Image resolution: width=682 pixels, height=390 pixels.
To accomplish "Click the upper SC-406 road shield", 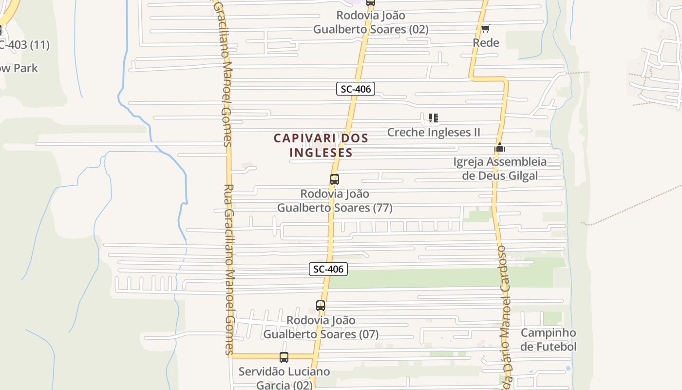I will tap(355, 89).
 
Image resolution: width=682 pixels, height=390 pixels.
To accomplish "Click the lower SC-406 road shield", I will tap(328, 269).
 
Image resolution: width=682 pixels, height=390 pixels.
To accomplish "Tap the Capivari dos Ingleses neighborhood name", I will tap(321, 145).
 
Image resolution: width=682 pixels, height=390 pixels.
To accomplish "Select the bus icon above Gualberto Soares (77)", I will tap(334, 179).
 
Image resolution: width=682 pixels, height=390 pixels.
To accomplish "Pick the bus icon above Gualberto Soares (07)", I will tap(320, 306).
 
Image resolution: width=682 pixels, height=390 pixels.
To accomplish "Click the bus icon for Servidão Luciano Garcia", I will tap(284, 357).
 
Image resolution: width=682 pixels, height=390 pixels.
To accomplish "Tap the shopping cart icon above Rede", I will tap(485, 29).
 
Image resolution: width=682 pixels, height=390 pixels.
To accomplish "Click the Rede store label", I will tap(486, 43).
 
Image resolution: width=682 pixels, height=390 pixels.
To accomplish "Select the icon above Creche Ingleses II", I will tap(434, 118).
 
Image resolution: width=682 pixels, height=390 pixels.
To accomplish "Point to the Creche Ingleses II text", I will tap(434, 132).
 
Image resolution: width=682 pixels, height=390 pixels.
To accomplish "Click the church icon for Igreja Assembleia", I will tap(500, 148).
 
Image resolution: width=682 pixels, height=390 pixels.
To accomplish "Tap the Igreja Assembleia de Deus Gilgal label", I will tap(500, 169).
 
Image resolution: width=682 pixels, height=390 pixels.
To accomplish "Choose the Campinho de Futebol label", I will tap(548, 340).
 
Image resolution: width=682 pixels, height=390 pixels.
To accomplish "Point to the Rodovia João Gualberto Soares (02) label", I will tap(371, 22).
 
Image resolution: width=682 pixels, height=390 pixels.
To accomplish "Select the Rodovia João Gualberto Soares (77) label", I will tap(335, 201).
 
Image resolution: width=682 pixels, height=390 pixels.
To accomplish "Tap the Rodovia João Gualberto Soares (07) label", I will tap(321, 327).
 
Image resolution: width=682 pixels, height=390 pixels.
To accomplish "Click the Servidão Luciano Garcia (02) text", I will tap(284, 378).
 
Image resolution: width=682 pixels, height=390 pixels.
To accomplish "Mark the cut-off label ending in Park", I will tap(19, 68).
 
